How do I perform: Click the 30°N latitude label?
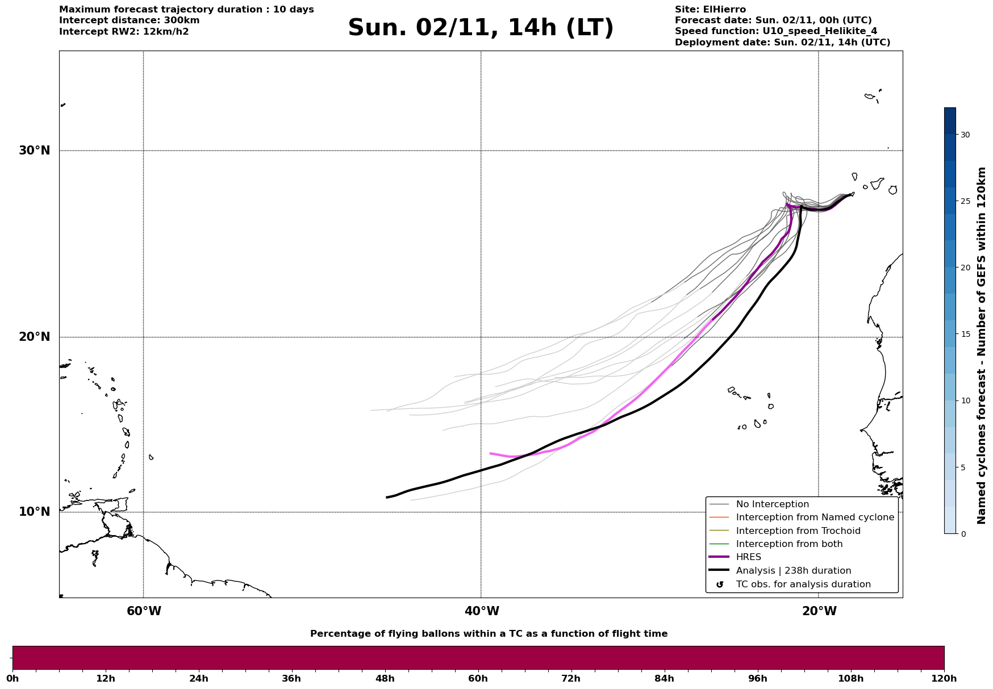click(34, 151)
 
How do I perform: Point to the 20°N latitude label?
click(34, 337)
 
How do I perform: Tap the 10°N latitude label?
click(34, 512)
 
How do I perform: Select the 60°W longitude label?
click(144, 611)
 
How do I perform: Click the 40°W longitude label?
click(482, 611)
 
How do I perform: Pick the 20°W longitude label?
click(819, 611)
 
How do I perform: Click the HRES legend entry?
click(748, 557)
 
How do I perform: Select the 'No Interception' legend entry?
click(772, 504)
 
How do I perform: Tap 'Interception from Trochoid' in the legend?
click(798, 531)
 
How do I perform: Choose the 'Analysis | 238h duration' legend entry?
click(793, 571)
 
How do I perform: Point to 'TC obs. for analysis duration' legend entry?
click(803, 584)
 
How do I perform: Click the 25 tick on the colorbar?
click(965, 201)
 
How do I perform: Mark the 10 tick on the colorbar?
click(965, 400)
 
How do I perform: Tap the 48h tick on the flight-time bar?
click(385, 678)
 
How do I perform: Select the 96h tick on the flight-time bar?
click(758, 678)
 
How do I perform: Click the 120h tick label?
click(944, 678)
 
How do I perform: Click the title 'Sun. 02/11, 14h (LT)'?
click(481, 28)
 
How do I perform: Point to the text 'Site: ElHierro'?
click(710, 10)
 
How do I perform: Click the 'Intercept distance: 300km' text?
click(130, 20)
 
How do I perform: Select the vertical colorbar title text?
click(982, 345)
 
